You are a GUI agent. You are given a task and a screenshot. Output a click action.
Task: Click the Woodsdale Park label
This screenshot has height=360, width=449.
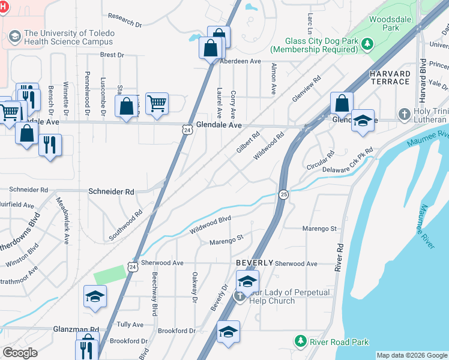pos(384,23)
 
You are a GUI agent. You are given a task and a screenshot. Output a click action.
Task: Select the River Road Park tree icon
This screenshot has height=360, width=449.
pos(301,341)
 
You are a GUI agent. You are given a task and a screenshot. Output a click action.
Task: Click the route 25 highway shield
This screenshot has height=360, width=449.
pos(283,193)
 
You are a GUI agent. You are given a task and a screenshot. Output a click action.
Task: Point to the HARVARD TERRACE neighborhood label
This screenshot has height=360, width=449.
pos(389,77)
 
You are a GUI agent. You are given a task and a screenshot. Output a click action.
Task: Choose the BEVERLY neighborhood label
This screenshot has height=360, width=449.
pos(255,263)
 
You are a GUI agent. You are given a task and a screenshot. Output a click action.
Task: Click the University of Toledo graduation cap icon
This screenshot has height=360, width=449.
pos(14,38)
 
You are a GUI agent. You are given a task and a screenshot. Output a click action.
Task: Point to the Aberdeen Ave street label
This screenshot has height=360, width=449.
pos(241,61)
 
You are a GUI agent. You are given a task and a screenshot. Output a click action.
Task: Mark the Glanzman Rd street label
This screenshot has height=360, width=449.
pos(78,330)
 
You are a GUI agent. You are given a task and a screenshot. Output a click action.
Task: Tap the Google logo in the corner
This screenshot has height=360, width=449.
pos(20,353)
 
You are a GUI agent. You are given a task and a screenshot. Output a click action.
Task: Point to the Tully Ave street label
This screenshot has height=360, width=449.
pos(130,325)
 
